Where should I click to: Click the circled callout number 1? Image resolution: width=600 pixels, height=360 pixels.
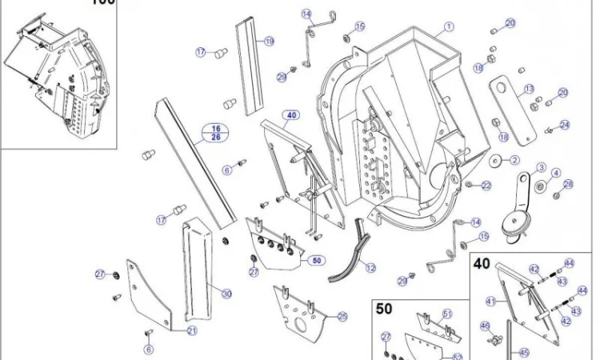pos(450,26)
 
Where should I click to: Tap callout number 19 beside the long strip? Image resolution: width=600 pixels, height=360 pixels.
pos(269,42)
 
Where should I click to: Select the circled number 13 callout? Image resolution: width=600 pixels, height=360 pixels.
pos(529,88)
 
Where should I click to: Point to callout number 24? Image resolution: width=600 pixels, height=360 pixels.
pos(565,125)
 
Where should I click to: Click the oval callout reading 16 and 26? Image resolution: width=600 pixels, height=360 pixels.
pos(215,132)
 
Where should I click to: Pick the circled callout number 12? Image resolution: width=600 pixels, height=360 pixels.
pos(370,268)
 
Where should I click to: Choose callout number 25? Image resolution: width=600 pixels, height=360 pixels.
pos(342,316)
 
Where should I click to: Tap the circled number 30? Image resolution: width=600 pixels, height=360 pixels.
pos(227,294)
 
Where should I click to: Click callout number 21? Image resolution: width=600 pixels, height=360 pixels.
pos(192,330)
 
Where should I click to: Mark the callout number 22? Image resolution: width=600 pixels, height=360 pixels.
pos(486,186)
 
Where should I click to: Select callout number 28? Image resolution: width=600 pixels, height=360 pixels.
pos(568,185)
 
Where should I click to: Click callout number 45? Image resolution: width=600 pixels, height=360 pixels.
pos(524,351)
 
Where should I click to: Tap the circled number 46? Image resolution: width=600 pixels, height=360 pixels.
pos(485,326)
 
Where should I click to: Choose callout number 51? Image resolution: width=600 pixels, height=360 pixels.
pos(447,314)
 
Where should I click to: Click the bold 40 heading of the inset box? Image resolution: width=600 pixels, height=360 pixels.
pos(482,263)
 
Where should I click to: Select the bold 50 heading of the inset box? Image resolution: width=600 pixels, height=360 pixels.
pos(384,308)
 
